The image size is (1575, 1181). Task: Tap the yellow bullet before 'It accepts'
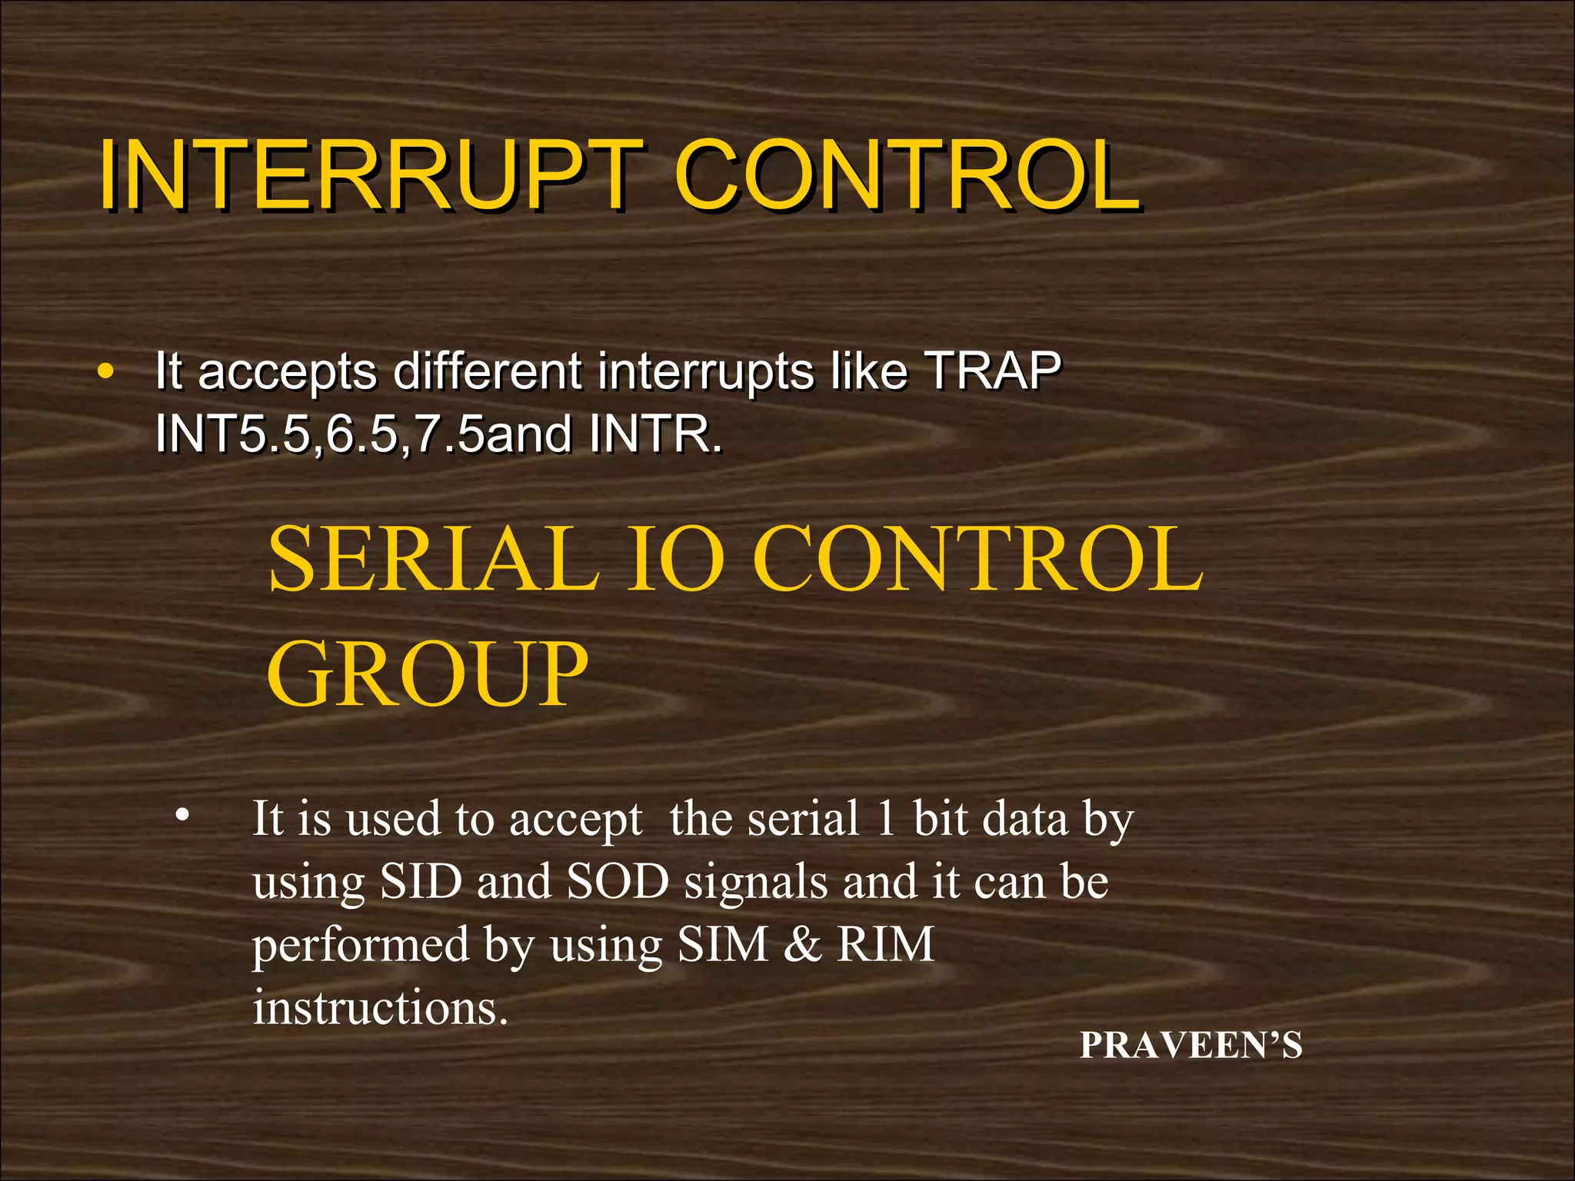[106, 372]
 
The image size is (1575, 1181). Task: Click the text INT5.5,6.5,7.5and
[363, 434]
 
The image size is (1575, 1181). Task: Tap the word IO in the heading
[675, 559]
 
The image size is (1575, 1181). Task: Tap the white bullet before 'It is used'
[181, 815]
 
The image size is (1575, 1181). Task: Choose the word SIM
[723, 944]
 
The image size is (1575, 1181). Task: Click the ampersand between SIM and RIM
[802, 944]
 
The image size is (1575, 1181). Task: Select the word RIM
[886, 944]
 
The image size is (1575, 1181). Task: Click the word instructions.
[380, 1007]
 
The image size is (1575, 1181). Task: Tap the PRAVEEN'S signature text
[1190, 1046]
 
